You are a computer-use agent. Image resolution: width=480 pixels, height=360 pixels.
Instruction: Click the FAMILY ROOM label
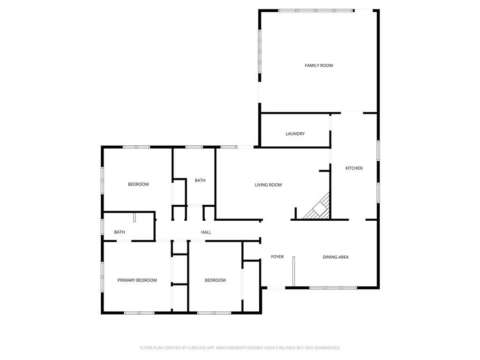(x=319, y=66)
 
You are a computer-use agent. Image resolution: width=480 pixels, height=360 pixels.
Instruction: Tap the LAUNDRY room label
(x=295, y=134)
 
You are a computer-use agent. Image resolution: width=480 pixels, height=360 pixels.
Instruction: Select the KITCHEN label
(x=354, y=168)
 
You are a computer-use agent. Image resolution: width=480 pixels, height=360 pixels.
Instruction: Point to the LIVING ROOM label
(x=268, y=185)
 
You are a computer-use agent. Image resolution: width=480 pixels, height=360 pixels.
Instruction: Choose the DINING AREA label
(x=336, y=257)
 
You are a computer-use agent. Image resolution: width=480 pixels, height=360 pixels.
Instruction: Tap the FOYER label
(x=277, y=257)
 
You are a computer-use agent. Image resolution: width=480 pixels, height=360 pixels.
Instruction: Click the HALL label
(x=206, y=232)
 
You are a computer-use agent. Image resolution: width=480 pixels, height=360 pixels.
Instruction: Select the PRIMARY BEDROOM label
(x=137, y=280)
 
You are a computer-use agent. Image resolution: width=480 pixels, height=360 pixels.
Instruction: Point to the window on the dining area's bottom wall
(x=333, y=287)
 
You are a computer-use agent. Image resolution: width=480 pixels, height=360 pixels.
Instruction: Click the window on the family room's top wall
(x=315, y=10)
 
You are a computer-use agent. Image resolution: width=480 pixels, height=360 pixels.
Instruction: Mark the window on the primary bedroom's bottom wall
(x=139, y=313)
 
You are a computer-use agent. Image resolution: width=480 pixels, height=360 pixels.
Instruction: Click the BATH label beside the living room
(x=200, y=180)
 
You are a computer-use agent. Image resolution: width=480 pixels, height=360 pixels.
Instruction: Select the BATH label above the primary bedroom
(x=120, y=232)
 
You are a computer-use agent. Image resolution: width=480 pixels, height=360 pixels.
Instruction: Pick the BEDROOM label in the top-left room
(x=138, y=184)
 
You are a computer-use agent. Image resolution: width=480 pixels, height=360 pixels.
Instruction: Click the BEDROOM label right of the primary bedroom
(x=215, y=280)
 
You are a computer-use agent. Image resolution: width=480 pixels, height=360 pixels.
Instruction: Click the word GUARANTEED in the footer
(x=325, y=348)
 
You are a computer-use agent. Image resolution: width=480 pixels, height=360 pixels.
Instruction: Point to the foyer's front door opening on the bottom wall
(x=276, y=287)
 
